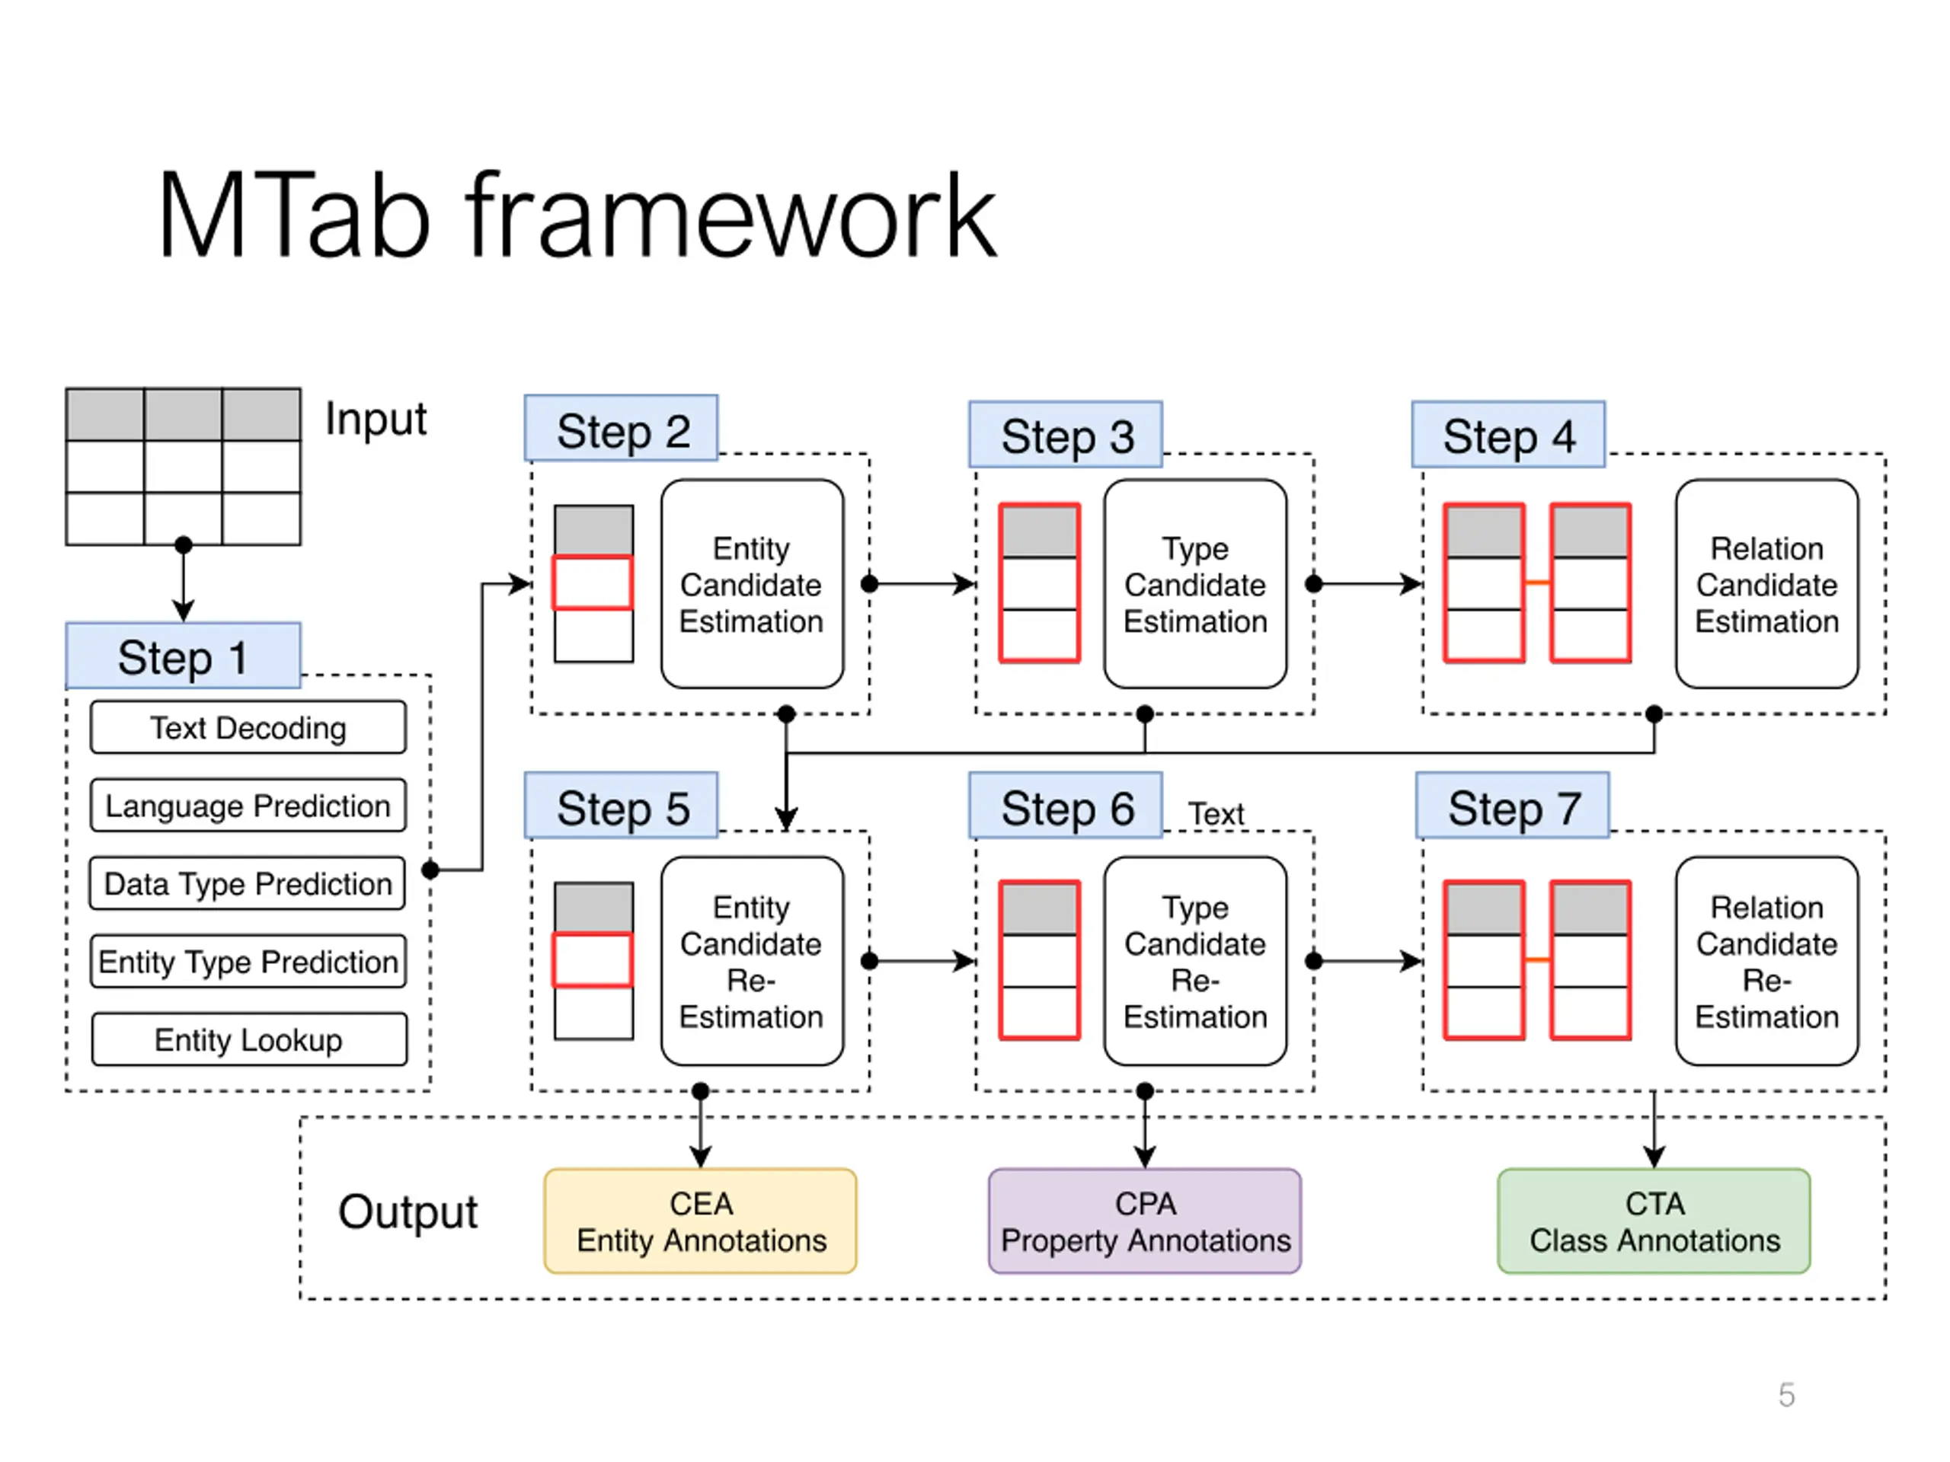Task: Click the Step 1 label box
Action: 184,656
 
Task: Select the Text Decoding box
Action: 248,727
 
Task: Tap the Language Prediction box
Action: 248,806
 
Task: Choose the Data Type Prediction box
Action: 248,883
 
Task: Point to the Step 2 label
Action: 622,428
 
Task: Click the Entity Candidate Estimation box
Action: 752,583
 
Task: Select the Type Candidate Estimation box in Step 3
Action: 1195,583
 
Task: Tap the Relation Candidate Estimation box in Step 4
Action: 1767,583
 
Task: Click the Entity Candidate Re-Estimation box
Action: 752,960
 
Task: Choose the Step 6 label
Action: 1066,806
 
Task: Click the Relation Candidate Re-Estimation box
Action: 1767,960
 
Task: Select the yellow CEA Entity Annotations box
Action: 701,1221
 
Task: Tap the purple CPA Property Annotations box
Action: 1145,1221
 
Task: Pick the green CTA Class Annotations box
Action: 1654,1221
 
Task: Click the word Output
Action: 408,1211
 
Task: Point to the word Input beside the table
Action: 376,419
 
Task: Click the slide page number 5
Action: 1787,1395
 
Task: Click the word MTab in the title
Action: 295,216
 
